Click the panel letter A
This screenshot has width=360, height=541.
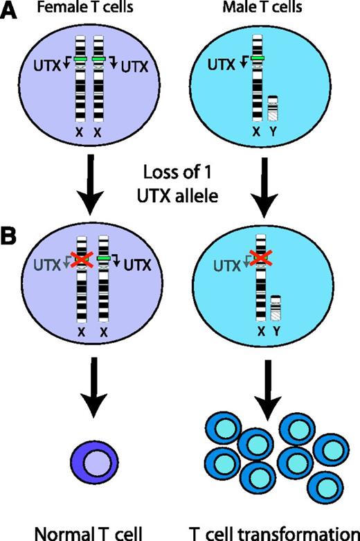point(12,13)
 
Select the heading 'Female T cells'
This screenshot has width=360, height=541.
point(82,10)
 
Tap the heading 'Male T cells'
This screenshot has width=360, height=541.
point(261,10)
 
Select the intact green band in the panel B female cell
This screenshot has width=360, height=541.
point(104,258)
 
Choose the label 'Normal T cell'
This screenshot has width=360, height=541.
point(83,532)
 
